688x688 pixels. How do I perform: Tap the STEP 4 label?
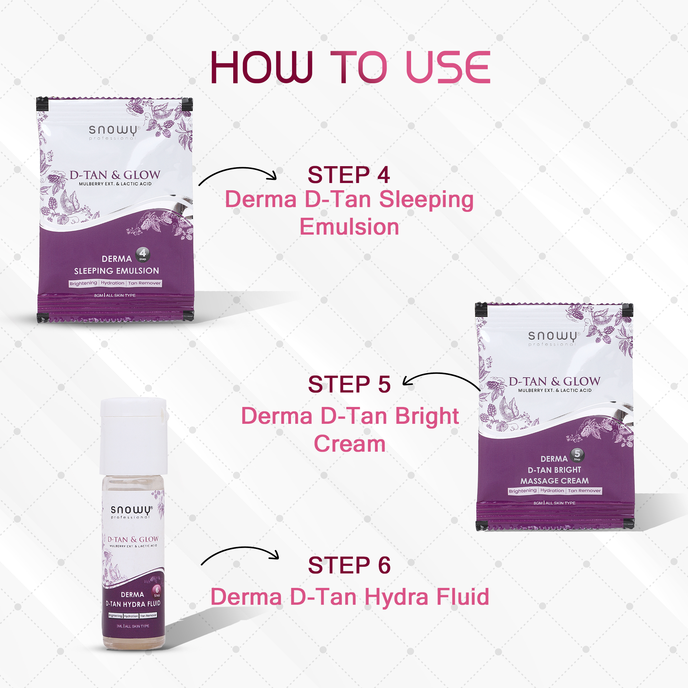348,175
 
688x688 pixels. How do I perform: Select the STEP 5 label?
349,384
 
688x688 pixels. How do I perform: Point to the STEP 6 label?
349,565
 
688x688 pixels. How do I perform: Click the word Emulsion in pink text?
349,227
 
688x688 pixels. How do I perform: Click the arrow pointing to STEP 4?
237,175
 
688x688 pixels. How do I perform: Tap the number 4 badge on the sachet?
142,254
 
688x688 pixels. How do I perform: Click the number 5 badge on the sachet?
577,454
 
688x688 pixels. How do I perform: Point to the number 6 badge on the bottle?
157,591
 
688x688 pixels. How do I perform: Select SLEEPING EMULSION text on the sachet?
117,271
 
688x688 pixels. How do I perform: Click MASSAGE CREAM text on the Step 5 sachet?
554,481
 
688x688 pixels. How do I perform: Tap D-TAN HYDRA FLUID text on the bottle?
133,604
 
